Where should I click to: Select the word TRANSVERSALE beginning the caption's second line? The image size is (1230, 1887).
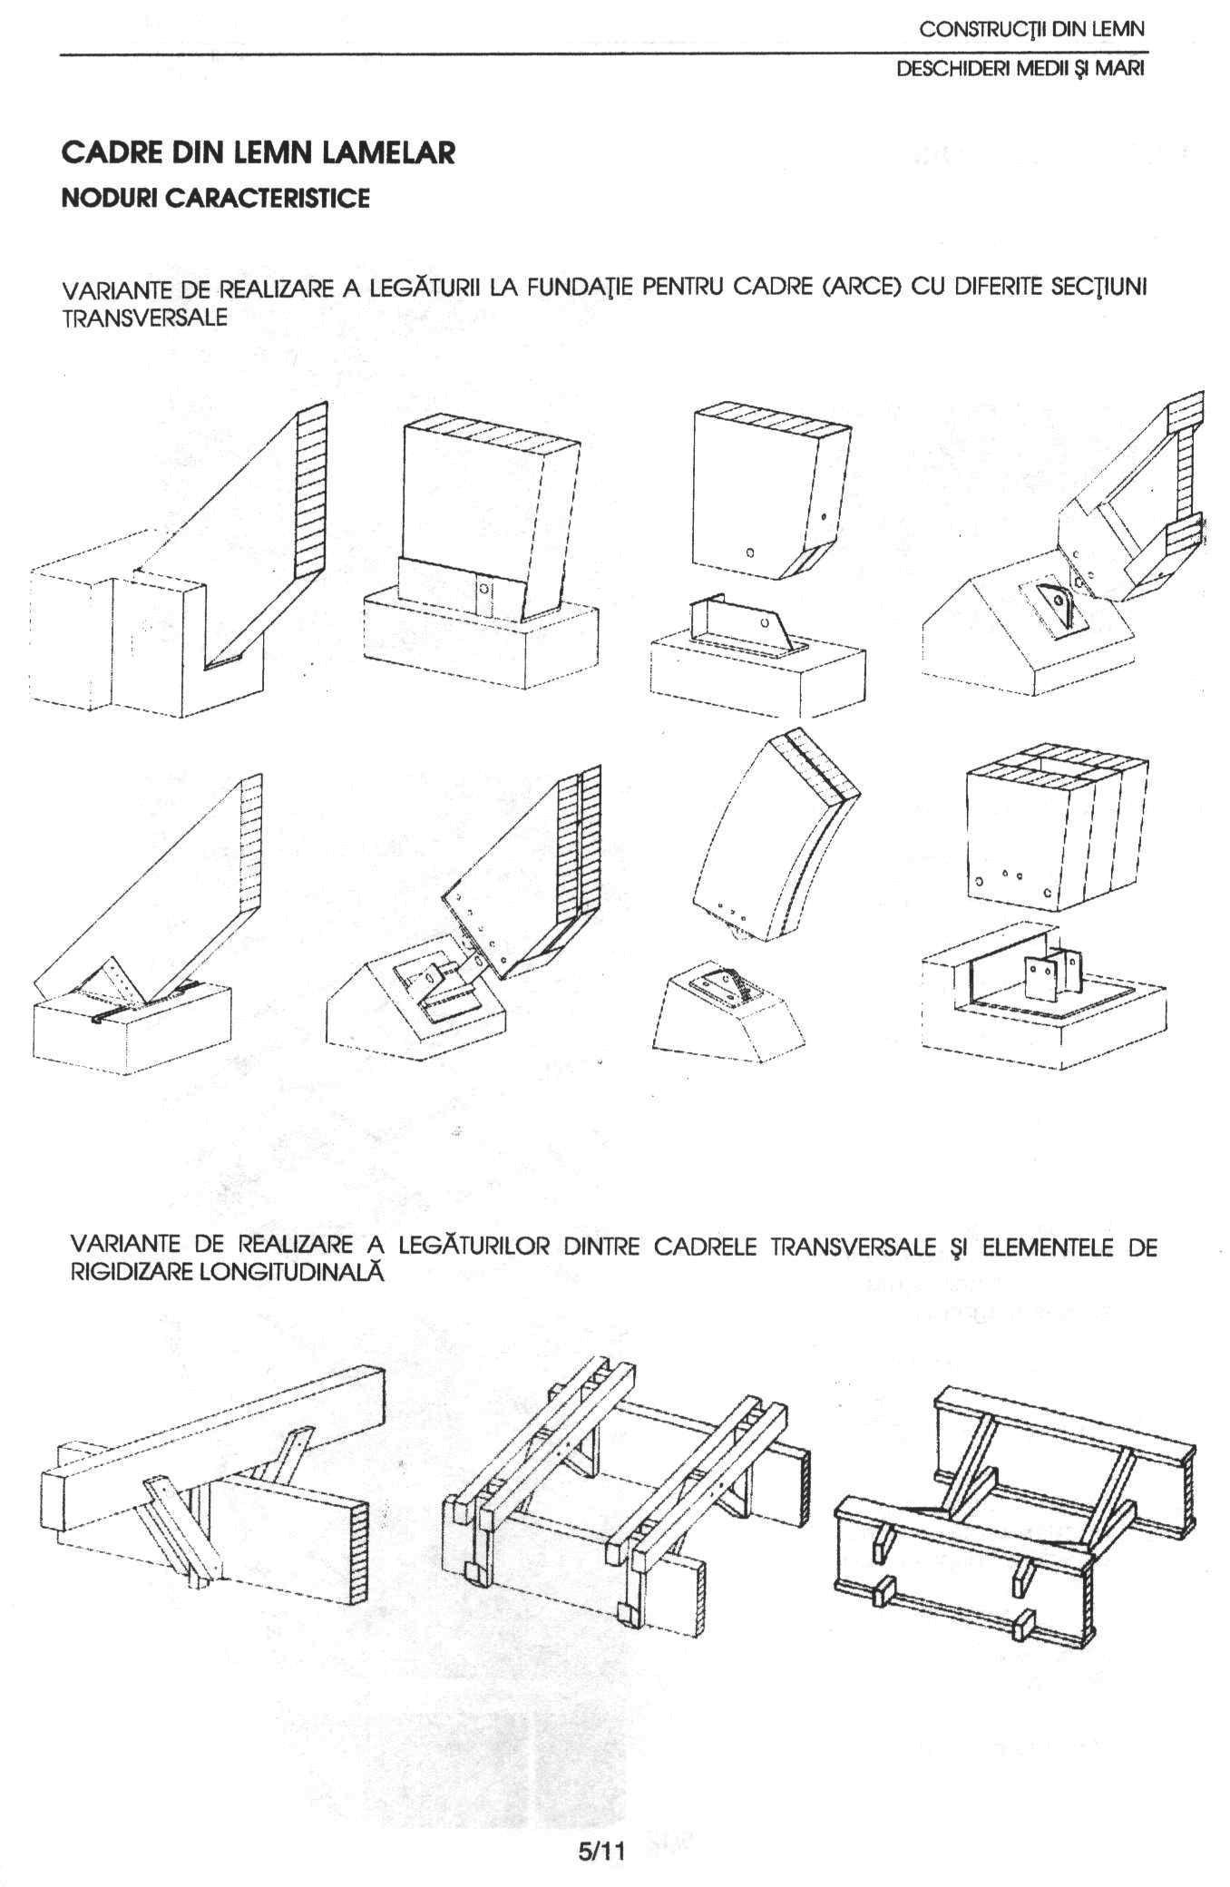(x=144, y=318)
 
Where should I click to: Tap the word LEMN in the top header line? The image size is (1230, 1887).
(x=1122, y=29)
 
